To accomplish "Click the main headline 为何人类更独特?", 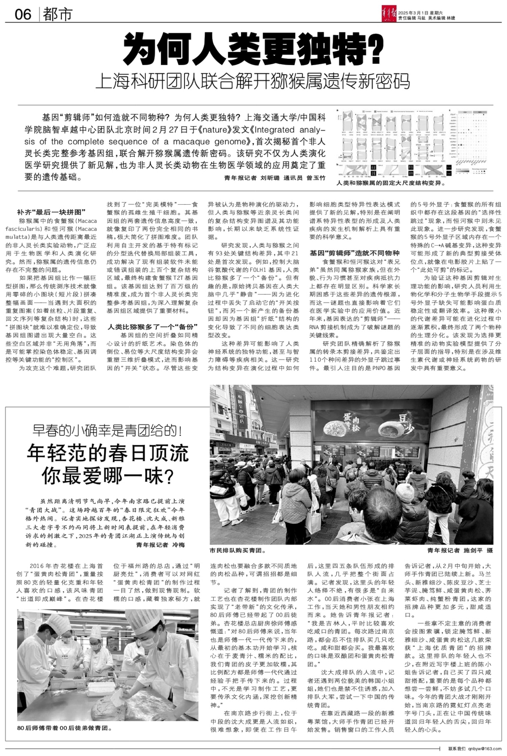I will click(x=253, y=49).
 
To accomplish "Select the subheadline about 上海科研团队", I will click(x=253, y=81).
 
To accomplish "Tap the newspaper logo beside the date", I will click(x=389, y=15).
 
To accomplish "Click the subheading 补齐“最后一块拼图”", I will click(x=51, y=212).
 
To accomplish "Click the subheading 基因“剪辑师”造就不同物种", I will click(x=354, y=253).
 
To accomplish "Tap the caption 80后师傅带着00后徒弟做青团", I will click(x=65, y=728).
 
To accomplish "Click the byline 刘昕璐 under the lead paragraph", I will click(x=270, y=178).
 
